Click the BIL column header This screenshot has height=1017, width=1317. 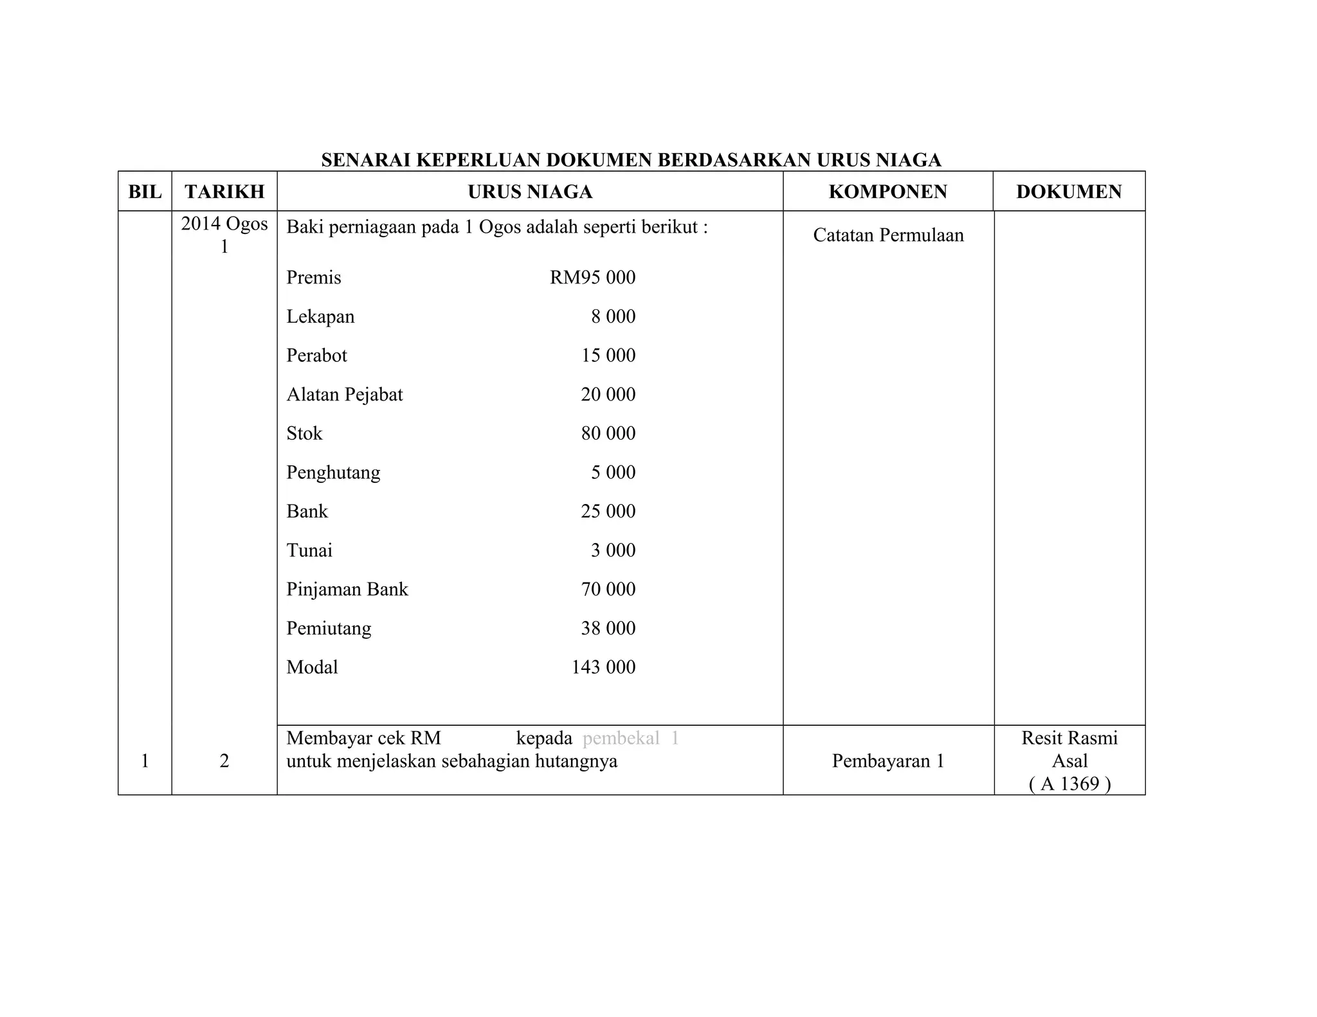pos(145,192)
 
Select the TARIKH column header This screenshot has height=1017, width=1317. pos(224,192)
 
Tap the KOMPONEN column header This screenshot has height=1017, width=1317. pos(887,192)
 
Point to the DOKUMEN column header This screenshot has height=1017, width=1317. pos(1069,192)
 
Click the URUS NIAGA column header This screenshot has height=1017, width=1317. pos(530,192)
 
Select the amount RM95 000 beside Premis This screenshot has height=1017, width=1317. pos(592,278)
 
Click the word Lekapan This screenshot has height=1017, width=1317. pos(320,317)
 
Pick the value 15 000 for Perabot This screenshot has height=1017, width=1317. pos(608,355)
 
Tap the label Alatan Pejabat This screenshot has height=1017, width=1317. pos(344,395)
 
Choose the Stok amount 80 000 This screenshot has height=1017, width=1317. pos(608,433)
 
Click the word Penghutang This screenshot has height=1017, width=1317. pos(333,473)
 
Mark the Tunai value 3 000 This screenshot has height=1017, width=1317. pos(613,550)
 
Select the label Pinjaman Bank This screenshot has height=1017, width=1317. pos(347,589)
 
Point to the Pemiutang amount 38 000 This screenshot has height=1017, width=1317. pos(608,628)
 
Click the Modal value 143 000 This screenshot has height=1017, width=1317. pos(603,667)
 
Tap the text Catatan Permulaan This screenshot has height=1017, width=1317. pos(888,235)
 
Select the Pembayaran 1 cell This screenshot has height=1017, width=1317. pos(887,761)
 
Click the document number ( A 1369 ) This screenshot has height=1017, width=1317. pos(1069,784)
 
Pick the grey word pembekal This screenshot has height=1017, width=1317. pos(621,739)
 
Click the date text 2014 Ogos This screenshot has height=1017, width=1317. pos(224,224)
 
